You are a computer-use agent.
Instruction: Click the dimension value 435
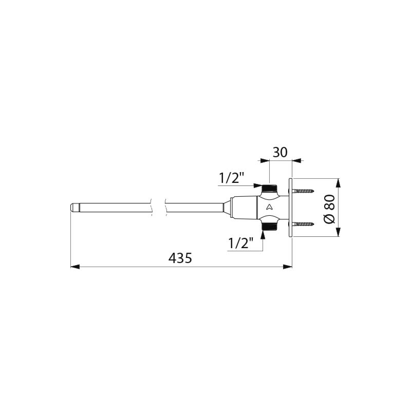[x=180, y=258]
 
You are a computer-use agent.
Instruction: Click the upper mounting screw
[x=304, y=191]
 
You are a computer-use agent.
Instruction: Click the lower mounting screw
[x=304, y=224]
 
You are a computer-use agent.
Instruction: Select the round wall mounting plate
[x=290, y=208]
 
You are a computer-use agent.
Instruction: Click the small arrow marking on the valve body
[x=269, y=207]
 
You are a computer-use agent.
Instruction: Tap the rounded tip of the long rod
[x=73, y=208]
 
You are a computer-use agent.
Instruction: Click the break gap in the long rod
[x=159, y=208]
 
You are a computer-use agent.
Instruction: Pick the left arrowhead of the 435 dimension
[x=74, y=267]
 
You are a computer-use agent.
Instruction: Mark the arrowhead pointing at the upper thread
[x=259, y=186]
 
